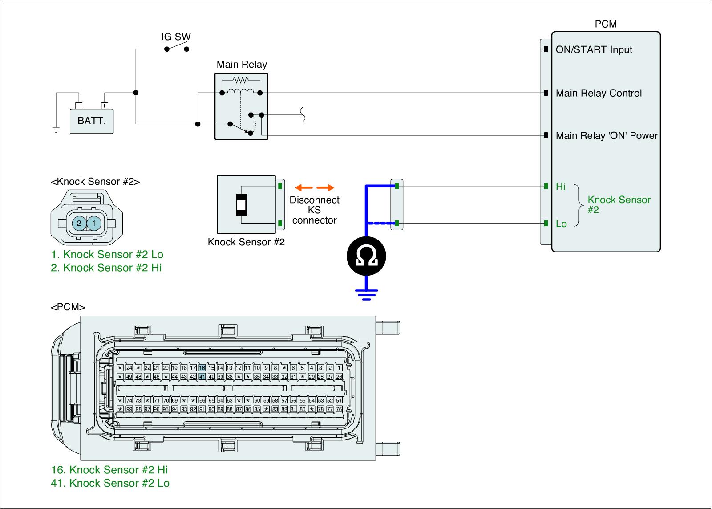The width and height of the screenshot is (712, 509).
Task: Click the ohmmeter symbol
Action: point(366,256)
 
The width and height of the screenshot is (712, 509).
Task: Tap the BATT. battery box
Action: point(92,120)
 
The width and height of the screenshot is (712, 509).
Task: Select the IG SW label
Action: point(176,37)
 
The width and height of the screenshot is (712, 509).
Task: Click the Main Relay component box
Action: point(241,106)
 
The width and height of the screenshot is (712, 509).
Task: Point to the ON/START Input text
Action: point(594,49)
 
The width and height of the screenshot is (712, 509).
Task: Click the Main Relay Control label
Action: point(599,93)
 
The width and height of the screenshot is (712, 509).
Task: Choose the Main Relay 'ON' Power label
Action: point(607,136)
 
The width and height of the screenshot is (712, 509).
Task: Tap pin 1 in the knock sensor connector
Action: point(94,223)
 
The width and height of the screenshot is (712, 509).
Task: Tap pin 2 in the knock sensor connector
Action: point(79,223)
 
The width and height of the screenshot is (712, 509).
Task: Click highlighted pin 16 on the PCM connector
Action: point(202,368)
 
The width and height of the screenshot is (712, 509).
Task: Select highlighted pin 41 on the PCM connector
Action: point(202,377)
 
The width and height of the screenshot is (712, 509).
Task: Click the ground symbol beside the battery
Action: point(56,130)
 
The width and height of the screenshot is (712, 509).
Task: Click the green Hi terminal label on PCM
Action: point(560,187)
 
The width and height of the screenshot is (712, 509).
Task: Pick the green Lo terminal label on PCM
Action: point(561,224)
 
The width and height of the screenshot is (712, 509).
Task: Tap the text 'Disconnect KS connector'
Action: point(314,210)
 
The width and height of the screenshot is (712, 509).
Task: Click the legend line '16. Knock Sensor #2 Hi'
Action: point(109,470)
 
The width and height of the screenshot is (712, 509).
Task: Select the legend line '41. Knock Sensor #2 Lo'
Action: point(110,483)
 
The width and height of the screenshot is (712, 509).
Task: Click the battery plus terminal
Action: point(105,106)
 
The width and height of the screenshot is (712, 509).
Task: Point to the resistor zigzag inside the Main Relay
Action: point(241,81)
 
